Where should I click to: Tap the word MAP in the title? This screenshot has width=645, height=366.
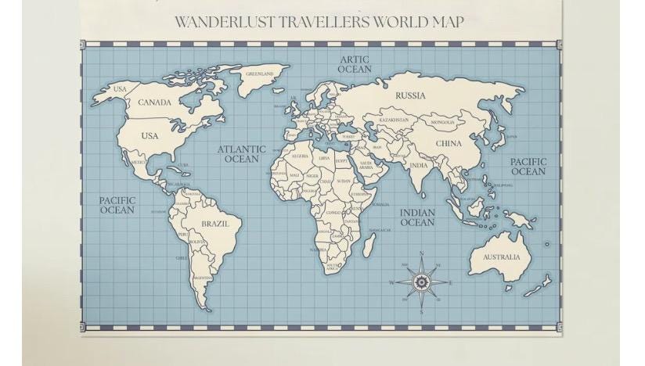[x=448, y=22]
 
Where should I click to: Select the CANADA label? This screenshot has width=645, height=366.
[x=154, y=102]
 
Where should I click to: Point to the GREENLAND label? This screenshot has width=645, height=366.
[x=260, y=74]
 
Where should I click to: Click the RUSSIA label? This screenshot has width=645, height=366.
[x=410, y=96]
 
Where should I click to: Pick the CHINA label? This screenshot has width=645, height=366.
[x=449, y=144]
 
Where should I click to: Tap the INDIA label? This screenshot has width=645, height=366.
[x=420, y=166]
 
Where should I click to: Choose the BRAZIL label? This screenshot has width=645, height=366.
[x=215, y=224]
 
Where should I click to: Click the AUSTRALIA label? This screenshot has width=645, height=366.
[x=501, y=257]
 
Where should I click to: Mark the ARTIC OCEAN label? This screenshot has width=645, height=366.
[x=355, y=64]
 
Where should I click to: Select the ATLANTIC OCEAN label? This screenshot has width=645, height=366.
[x=241, y=154]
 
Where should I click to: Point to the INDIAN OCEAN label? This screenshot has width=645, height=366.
[x=417, y=217]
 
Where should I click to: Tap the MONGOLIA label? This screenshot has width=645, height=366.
[x=442, y=123]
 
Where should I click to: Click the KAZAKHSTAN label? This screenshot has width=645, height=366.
[x=394, y=120]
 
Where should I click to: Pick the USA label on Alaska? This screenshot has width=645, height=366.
[x=119, y=89]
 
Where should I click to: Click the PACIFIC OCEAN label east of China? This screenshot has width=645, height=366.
[x=528, y=167]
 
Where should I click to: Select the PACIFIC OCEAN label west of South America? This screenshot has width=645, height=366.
[x=117, y=205]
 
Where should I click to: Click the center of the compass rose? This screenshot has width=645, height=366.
[x=421, y=282]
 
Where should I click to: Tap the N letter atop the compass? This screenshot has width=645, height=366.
[x=421, y=254]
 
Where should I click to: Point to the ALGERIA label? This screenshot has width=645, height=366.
[x=300, y=156]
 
